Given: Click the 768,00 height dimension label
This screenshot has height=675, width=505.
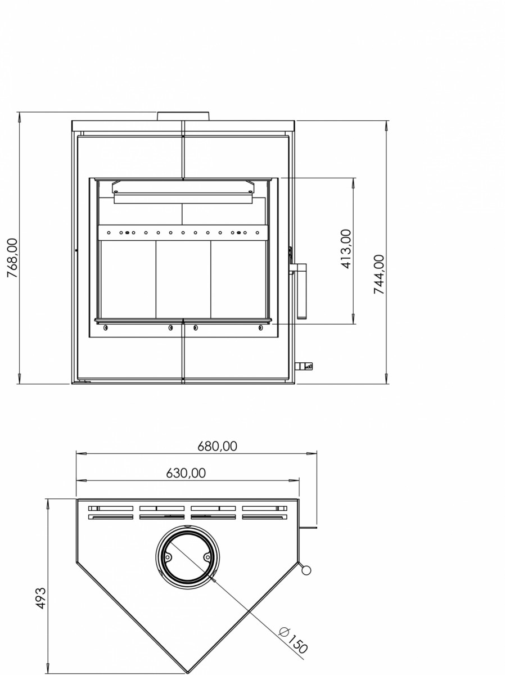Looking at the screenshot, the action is click(x=12, y=258).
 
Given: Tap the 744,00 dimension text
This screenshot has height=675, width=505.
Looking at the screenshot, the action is click(x=379, y=274).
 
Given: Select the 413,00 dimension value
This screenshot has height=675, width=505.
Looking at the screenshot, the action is click(x=346, y=249).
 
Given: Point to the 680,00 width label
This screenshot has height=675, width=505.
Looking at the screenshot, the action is click(x=217, y=446).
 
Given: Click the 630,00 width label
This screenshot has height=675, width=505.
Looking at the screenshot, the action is click(x=186, y=473).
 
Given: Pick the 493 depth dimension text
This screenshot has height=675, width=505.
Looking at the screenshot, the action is click(x=41, y=598).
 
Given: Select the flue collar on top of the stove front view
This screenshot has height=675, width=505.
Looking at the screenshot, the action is click(x=183, y=116).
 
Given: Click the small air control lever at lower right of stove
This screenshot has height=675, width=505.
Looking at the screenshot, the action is click(x=304, y=366).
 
